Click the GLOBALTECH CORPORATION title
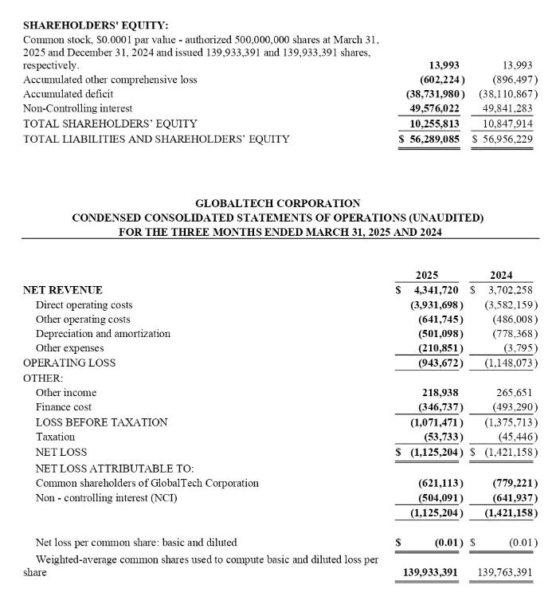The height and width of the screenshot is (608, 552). pyautogui.click(x=277, y=203)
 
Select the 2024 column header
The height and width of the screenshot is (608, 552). pyautogui.click(x=502, y=274)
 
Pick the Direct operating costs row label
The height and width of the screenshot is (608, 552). pyautogui.click(x=84, y=304)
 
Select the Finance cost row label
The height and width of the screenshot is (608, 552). pyautogui.click(x=65, y=407)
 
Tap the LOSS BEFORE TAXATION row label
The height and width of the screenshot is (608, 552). pyautogui.click(x=96, y=422)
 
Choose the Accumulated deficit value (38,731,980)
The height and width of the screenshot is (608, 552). pyautogui.click(x=431, y=94)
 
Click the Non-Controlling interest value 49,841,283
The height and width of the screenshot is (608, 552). pyautogui.click(x=507, y=108)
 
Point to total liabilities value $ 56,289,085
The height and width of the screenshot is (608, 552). pyautogui.click(x=430, y=139)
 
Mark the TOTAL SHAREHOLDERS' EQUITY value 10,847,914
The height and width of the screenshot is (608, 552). pyautogui.click(x=507, y=124)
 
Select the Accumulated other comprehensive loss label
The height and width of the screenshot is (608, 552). pyautogui.click(x=110, y=80)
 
